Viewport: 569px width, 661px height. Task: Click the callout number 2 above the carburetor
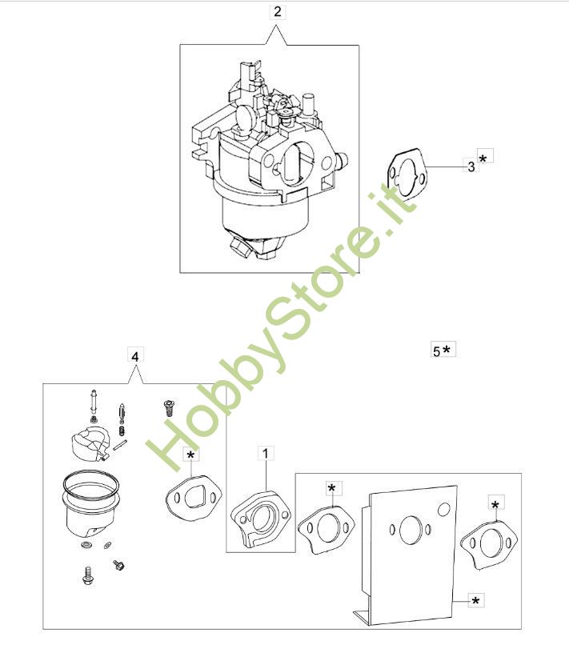click(277, 11)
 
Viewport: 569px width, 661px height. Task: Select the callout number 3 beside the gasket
click(471, 166)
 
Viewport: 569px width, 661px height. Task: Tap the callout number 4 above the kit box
click(135, 357)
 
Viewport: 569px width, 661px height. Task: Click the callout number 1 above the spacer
click(266, 454)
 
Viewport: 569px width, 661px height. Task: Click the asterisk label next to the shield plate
click(476, 600)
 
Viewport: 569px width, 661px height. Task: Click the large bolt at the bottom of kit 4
click(88, 576)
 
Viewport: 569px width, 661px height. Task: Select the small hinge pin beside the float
click(120, 445)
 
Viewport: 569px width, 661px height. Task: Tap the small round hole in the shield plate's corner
click(444, 510)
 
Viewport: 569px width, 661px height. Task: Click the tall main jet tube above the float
click(94, 403)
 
